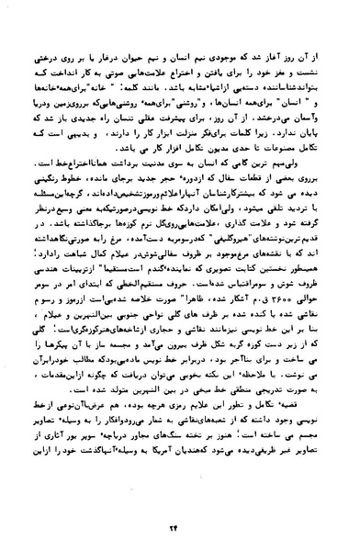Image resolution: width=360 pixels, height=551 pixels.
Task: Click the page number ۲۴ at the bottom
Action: pyautogui.click(x=181, y=512)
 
